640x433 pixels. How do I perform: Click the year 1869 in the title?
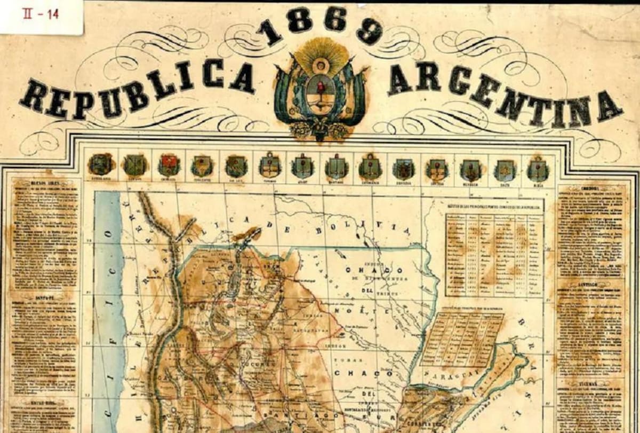pos(319,27)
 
